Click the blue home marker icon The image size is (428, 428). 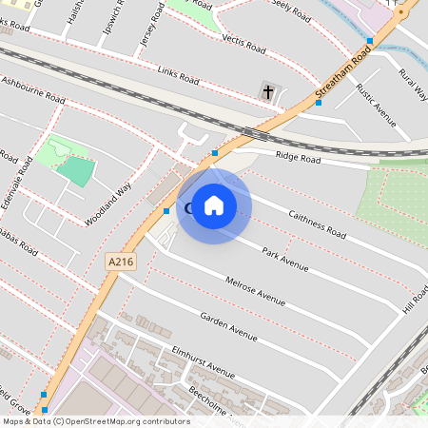pyautogui.click(x=214, y=205)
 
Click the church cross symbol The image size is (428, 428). pyautogui.click(x=268, y=92)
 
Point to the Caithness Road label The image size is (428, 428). pyautogui.click(x=317, y=224)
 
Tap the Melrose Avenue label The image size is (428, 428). pyautogui.click(x=256, y=291)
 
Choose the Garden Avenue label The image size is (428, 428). pyautogui.click(x=228, y=325)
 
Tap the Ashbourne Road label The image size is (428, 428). pyautogui.click(x=32, y=88)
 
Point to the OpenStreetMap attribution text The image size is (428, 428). pyautogui.click(x=96, y=421)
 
